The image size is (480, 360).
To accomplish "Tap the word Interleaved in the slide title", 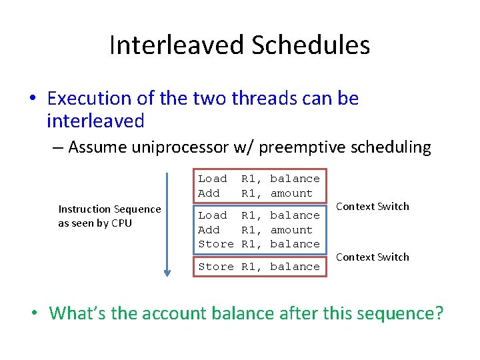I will [176, 45].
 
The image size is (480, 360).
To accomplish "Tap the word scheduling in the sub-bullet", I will [395, 147].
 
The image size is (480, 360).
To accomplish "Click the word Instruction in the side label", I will [85, 209].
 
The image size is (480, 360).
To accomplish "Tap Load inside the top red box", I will [213, 179].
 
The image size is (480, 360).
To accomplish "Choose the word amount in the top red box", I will [291, 193].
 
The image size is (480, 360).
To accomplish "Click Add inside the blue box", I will [209, 230].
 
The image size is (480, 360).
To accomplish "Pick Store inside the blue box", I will [216, 244].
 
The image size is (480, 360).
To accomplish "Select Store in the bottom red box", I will [216, 267].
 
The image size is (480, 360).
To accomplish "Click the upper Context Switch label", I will [373, 207].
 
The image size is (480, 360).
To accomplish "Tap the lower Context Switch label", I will [373, 257].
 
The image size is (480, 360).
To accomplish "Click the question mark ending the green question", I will [437, 313].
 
